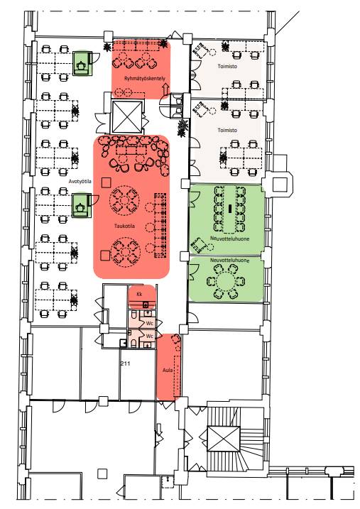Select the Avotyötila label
coord(80,181)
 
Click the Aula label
coord(168,370)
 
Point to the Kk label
coord(139,294)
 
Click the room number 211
coord(125,363)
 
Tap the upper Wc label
coord(149,323)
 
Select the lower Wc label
coord(149,336)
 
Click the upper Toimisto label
coord(227,66)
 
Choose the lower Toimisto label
coord(227,130)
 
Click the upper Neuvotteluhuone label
coord(230,239)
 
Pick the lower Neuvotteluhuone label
coord(230,261)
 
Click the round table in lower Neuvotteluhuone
coord(226,281)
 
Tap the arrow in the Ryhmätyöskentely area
coord(165,88)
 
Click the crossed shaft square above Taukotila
coord(127,116)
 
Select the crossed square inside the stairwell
coord(224,439)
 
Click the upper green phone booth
coord(81,63)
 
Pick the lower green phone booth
coord(81,205)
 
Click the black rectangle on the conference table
coord(230,209)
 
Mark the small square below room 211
coord(102,474)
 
